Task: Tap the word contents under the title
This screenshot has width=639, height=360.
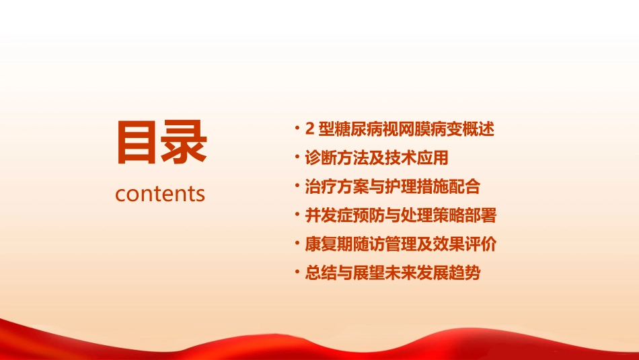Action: tap(160, 194)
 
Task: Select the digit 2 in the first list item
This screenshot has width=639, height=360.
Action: tap(310, 129)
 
